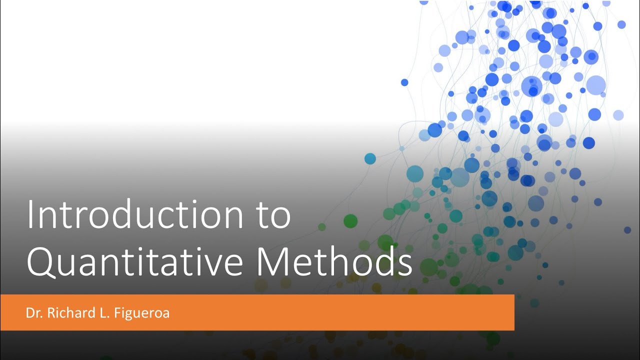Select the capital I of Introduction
(x=30, y=215)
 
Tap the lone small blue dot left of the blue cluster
(x=404, y=82)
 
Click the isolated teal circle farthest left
(x=370, y=159)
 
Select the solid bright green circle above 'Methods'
(x=350, y=221)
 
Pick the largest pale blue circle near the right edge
(x=595, y=85)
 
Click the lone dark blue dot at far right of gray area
(x=627, y=230)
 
